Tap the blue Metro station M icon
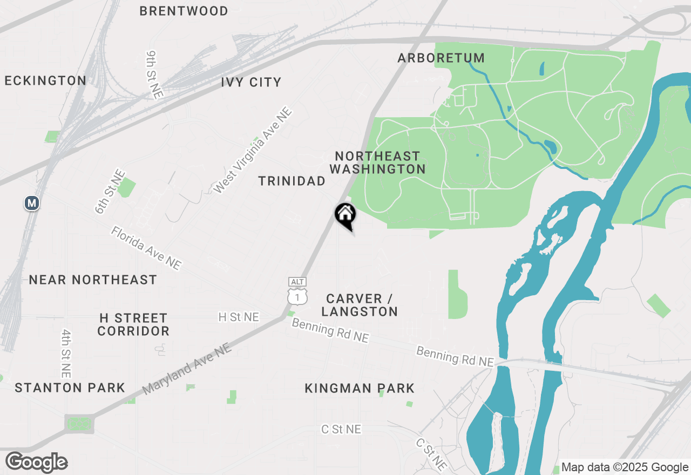32,203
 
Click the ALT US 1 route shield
297,291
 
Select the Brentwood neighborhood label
184,11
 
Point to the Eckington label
45,81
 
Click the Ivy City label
251,82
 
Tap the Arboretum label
441,58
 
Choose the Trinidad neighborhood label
292,181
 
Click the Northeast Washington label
377,162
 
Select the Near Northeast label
93,280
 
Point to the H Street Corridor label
133,324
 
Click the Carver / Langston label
360,305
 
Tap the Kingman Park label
360,388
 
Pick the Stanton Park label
70,388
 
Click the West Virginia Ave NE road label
253,151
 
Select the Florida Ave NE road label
146,248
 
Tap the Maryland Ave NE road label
187,369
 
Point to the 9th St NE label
154,74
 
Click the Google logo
37,462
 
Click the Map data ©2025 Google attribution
625,467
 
